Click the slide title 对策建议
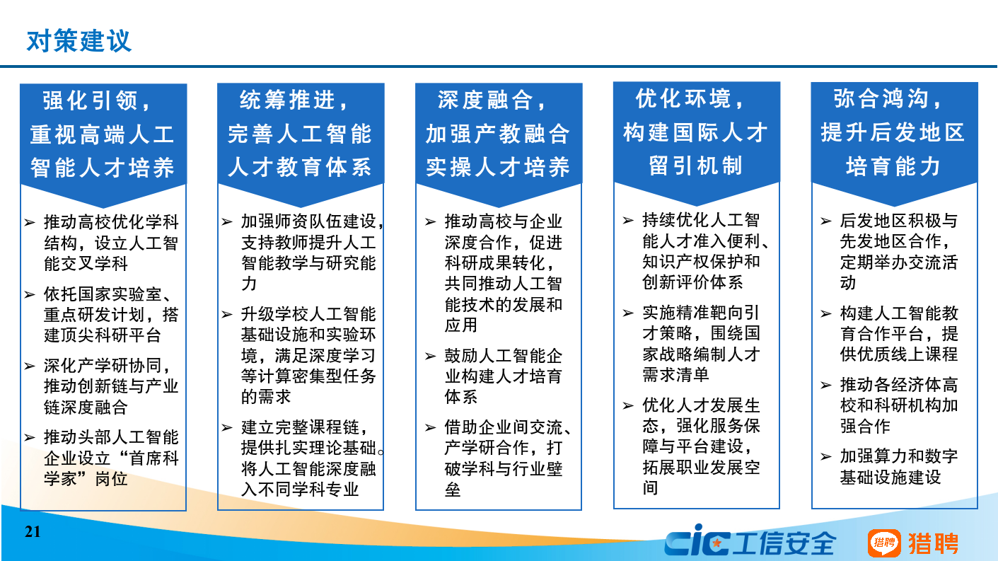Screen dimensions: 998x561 [x=79, y=42]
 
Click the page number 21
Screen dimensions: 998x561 [x=33, y=531]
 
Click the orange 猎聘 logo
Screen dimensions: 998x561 [x=912, y=543]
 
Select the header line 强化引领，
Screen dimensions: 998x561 [x=97, y=100]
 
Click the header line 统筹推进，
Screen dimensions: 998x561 [x=294, y=100]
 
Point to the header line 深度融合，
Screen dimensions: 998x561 [x=492, y=100]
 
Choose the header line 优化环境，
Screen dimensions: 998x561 [x=690, y=98]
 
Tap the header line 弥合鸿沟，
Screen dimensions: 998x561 [x=888, y=98]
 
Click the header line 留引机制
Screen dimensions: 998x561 [x=695, y=166]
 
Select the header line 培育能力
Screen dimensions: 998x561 [x=893, y=166]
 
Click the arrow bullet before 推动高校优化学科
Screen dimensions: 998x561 [x=30, y=222]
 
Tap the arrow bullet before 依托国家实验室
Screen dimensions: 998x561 [x=30, y=294]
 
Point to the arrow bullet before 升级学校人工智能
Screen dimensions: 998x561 [x=227, y=314]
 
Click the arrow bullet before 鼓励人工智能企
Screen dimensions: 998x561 [x=430, y=356]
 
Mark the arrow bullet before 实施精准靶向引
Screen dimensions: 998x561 [x=628, y=313]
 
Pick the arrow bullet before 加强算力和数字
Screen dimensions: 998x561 [x=826, y=456]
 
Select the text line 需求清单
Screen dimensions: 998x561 [x=675, y=375]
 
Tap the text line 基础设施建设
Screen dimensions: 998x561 [x=890, y=478]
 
